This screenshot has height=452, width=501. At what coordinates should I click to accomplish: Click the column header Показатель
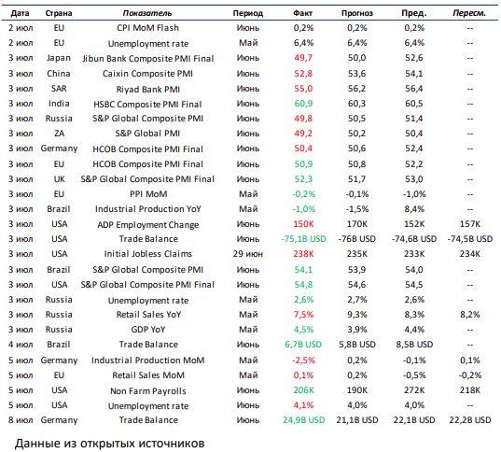tap(147, 13)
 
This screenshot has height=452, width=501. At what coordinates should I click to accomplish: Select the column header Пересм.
tap(469, 13)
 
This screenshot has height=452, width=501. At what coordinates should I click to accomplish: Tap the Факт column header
tap(302, 13)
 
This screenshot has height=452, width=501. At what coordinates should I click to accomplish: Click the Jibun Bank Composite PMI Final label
tap(148, 59)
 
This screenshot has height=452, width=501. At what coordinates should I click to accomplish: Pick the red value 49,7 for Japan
tap(303, 58)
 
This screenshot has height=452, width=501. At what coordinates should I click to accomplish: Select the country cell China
tap(59, 74)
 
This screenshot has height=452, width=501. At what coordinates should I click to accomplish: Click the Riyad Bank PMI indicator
tap(148, 90)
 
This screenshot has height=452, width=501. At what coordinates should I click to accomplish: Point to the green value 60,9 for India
tap(303, 104)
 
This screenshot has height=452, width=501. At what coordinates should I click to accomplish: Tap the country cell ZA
tap(59, 134)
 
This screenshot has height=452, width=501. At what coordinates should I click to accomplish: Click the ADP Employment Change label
tap(148, 225)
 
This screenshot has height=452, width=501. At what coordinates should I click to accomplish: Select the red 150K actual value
tap(303, 224)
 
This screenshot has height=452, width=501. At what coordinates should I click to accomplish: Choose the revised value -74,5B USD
tap(470, 239)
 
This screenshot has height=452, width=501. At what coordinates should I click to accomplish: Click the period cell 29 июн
tap(248, 254)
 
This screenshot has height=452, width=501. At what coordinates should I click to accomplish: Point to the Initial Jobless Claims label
tap(148, 254)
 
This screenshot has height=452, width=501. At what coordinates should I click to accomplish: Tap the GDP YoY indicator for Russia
tap(148, 330)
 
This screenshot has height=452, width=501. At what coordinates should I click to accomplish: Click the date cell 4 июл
tap(21, 345)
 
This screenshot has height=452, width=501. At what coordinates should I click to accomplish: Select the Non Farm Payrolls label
tap(148, 391)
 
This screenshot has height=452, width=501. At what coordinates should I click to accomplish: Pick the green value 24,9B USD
tap(303, 420)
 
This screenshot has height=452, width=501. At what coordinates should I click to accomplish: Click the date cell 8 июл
tap(21, 420)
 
